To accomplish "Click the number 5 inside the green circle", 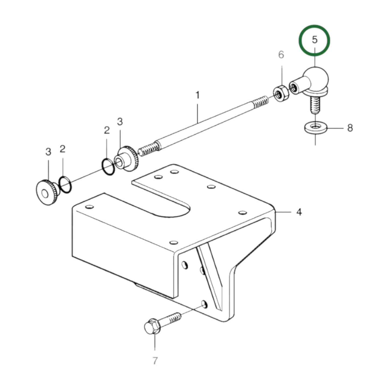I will point(314,40).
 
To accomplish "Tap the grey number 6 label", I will point(281,55).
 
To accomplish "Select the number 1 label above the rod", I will point(198,95).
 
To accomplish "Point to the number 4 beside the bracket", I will point(299,212).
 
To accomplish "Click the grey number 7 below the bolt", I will point(155,360).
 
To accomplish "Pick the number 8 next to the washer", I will point(350,128).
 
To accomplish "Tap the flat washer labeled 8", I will point(315,127).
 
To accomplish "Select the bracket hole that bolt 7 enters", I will point(204,304).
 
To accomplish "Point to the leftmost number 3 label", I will point(48,152).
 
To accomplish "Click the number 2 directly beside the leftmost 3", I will point(62,149).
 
